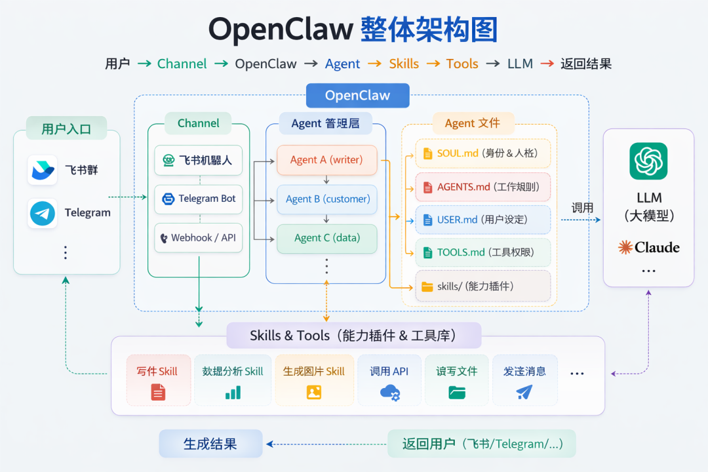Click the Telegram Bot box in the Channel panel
[x=199, y=199]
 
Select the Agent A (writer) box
[x=326, y=160]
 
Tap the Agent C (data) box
[x=326, y=239]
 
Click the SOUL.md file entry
[x=482, y=153]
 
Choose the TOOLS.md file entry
[x=482, y=252]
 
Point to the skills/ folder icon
[x=427, y=286]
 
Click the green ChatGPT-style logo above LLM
[x=648, y=161]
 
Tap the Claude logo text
[x=648, y=248]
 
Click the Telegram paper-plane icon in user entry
[x=43, y=214]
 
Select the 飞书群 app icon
[x=43, y=170]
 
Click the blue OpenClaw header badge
[x=357, y=96]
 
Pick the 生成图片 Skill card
[x=314, y=380]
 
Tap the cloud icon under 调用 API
[x=389, y=393]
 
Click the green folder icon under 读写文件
[x=457, y=393]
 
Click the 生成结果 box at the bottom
[x=210, y=444]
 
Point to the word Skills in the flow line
[x=404, y=64]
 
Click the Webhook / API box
[x=199, y=238]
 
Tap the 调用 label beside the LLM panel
[x=582, y=208]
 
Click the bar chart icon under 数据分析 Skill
[x=233, y=393]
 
